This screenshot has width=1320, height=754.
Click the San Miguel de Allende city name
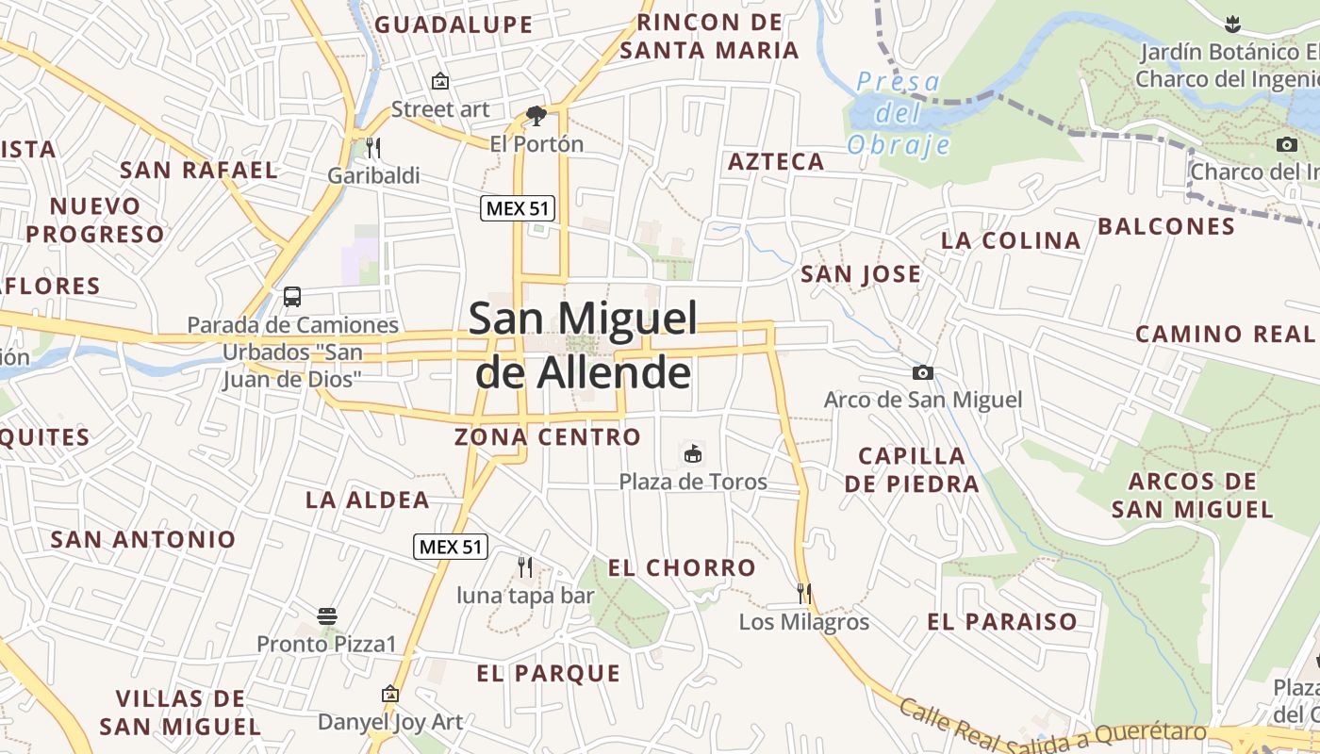(584, 346)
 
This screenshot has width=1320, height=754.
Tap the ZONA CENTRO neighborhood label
(548, 437)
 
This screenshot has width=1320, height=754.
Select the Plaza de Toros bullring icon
(693, 454)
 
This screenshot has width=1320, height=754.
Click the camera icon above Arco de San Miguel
(923, 372)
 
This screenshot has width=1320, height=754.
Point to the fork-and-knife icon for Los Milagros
(804, 593)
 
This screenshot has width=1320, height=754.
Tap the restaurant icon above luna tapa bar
(525, 566)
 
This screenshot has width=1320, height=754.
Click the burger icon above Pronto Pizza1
(327, 617)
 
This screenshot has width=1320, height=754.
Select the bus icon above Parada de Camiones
(292, 297)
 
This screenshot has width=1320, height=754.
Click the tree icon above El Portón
(536, 116)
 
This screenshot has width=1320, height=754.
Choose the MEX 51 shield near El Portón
(518, 208)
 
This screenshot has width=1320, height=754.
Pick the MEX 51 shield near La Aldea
(451, 546)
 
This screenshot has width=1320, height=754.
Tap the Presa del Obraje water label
(899, 114)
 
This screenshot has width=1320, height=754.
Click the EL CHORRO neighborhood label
(682, 567)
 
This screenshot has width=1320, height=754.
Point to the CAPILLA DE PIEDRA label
(912, 469)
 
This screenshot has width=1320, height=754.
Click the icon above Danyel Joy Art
(390, 694)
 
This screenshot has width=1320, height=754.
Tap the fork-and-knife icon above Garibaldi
(373, 147)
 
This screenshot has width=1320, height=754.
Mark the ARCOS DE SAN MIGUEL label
(1193, 496)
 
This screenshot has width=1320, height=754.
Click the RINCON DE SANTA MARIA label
(710, 36)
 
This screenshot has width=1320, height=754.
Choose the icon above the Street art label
(440, 82)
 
